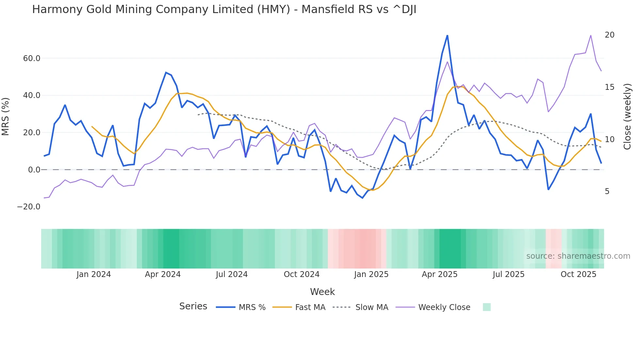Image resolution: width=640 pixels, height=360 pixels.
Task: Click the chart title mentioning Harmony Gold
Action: click(224, 9)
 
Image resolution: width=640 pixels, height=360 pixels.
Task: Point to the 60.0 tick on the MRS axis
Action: click(32, 58)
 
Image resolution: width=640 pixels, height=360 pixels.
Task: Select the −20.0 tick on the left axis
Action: click(29, 207)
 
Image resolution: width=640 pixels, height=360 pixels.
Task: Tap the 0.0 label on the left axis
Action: click(34, 170)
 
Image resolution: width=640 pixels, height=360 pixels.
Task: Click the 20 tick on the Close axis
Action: click(609, 35)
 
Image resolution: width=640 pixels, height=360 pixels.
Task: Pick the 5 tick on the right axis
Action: click(607, 191)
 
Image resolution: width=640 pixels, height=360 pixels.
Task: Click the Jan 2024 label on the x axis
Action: click(94, 274)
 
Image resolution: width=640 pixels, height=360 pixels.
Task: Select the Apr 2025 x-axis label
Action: click(440, 274)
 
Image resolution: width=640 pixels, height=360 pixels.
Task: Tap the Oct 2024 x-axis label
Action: click(301, 274)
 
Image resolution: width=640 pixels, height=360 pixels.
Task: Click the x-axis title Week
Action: click(322, 292)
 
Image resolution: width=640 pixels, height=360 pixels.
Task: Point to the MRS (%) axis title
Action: click(6, 117)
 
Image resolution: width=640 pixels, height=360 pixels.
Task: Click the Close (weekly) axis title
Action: click(627, 117)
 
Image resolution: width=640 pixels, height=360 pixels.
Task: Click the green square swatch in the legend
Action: click(487, 307)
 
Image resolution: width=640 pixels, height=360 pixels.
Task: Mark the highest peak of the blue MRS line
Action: click(447, 36)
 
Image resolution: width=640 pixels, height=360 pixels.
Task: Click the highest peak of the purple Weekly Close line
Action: click(591, 36)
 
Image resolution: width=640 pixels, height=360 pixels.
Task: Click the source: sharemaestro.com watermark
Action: click(578, 256)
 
